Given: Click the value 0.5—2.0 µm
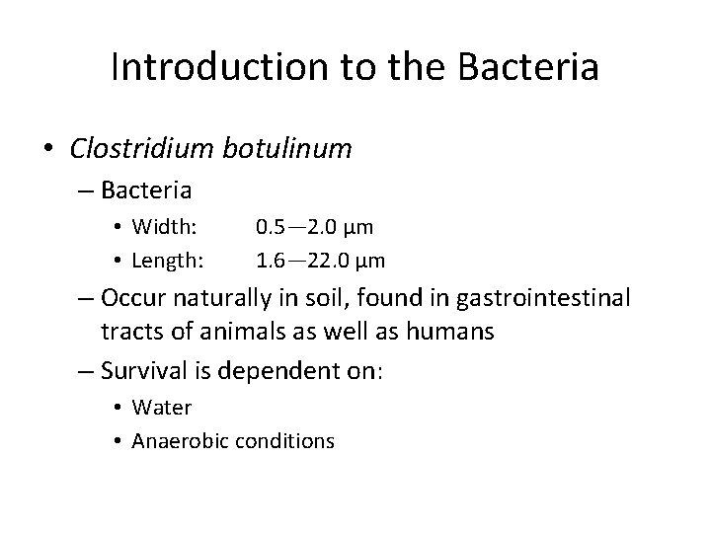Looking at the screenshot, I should pyautogui.click(x=314, y=227).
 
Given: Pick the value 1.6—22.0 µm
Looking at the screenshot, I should pyautogui.click(x=320, y=261).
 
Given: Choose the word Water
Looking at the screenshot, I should pyautogui.click(x=161, y=407).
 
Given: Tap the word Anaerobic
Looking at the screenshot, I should pyautogui.click(x=180, y=440).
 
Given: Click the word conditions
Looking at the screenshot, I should pyautogui.click(x=285, y=440).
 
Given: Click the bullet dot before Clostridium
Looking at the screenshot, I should pyautogui.click(x=48, y=150).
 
